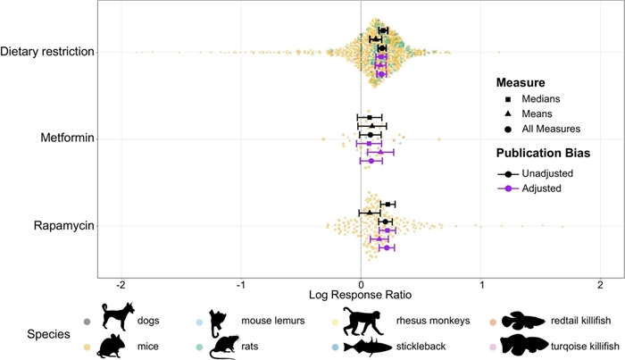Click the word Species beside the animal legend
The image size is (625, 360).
point(48,334)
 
